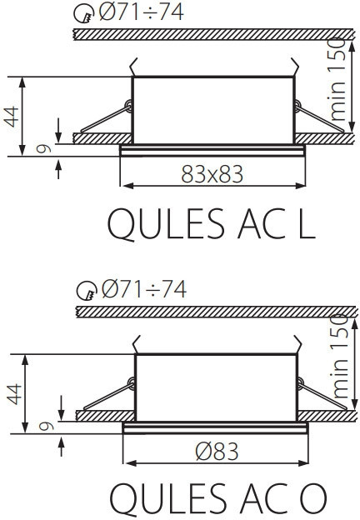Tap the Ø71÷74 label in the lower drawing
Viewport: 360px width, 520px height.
(145, 289)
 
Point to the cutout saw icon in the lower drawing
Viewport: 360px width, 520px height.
(87, 291)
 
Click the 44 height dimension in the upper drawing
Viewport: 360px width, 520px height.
(11, 115)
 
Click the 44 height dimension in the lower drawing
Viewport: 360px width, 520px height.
(12, 392)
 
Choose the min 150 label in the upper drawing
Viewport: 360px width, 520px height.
(336, 79)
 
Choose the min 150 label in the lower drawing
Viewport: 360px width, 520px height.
(340, 356)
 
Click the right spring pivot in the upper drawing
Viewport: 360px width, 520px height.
(297, 104)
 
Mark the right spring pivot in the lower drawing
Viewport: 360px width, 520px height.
(299, 382)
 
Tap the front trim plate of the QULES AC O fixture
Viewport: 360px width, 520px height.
(215, 428)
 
